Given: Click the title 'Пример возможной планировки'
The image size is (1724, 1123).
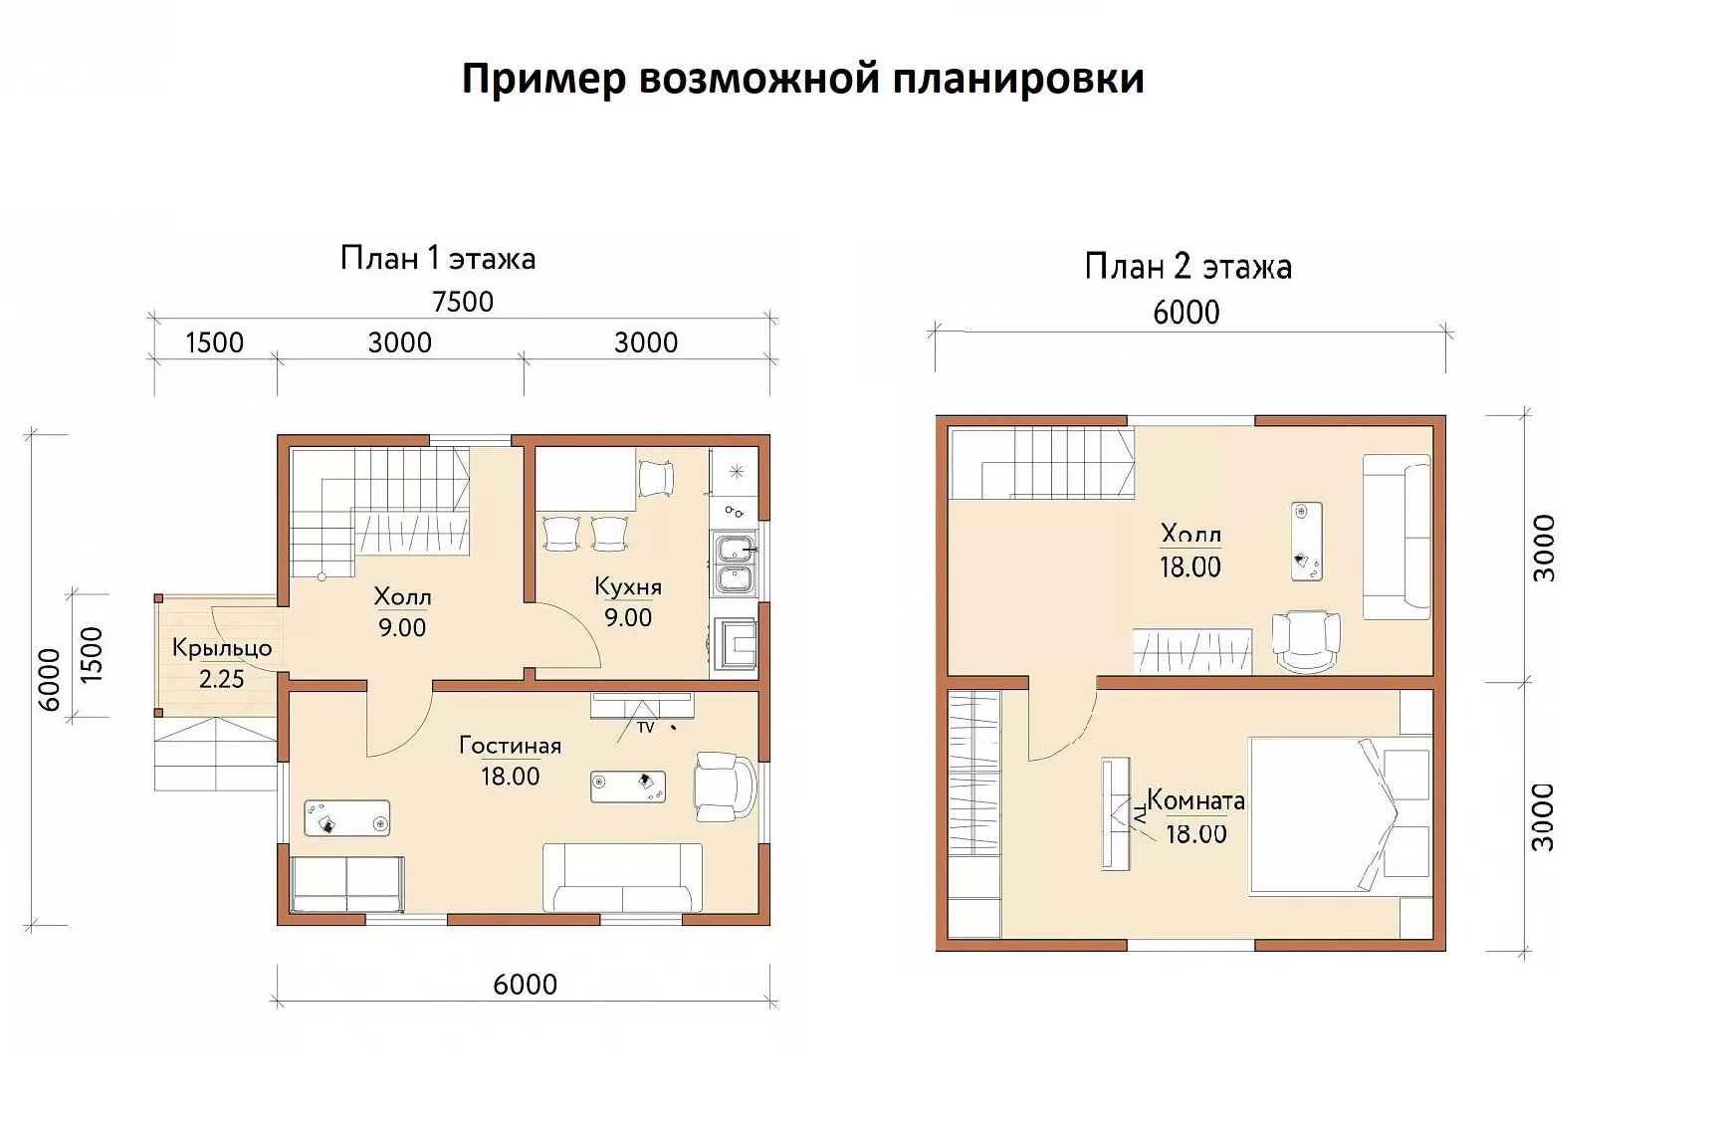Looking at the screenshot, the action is tap(802, 79).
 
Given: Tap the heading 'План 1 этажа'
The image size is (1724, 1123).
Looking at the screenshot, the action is tap(438, 259).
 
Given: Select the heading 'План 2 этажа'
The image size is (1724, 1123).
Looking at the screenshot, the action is tap(1188, 267).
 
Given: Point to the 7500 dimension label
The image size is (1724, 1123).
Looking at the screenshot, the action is tap(463, 301).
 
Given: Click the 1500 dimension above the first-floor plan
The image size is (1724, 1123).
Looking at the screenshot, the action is tap(214, 342).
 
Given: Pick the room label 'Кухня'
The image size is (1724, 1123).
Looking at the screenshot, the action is tap(628, 586).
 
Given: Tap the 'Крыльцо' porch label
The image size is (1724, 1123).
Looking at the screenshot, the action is tap(222, 648).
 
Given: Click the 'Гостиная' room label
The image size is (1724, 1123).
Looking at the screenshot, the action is tap(510, 746).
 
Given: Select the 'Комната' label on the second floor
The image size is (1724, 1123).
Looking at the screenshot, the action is tap(1195, 800).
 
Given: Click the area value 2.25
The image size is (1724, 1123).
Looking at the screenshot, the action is tap(221, 679).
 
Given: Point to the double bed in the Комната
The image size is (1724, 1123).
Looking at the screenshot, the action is tap(1340, 814).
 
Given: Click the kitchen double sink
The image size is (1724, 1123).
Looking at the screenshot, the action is tap(735, 562).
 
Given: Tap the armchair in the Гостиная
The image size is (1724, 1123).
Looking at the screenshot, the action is tap(726, 786).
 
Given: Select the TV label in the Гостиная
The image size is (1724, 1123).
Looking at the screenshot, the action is tap(646, 728).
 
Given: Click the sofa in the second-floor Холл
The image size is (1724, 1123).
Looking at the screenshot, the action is tap(1397, 538).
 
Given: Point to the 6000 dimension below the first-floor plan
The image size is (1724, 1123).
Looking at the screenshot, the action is tap(525, 985).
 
